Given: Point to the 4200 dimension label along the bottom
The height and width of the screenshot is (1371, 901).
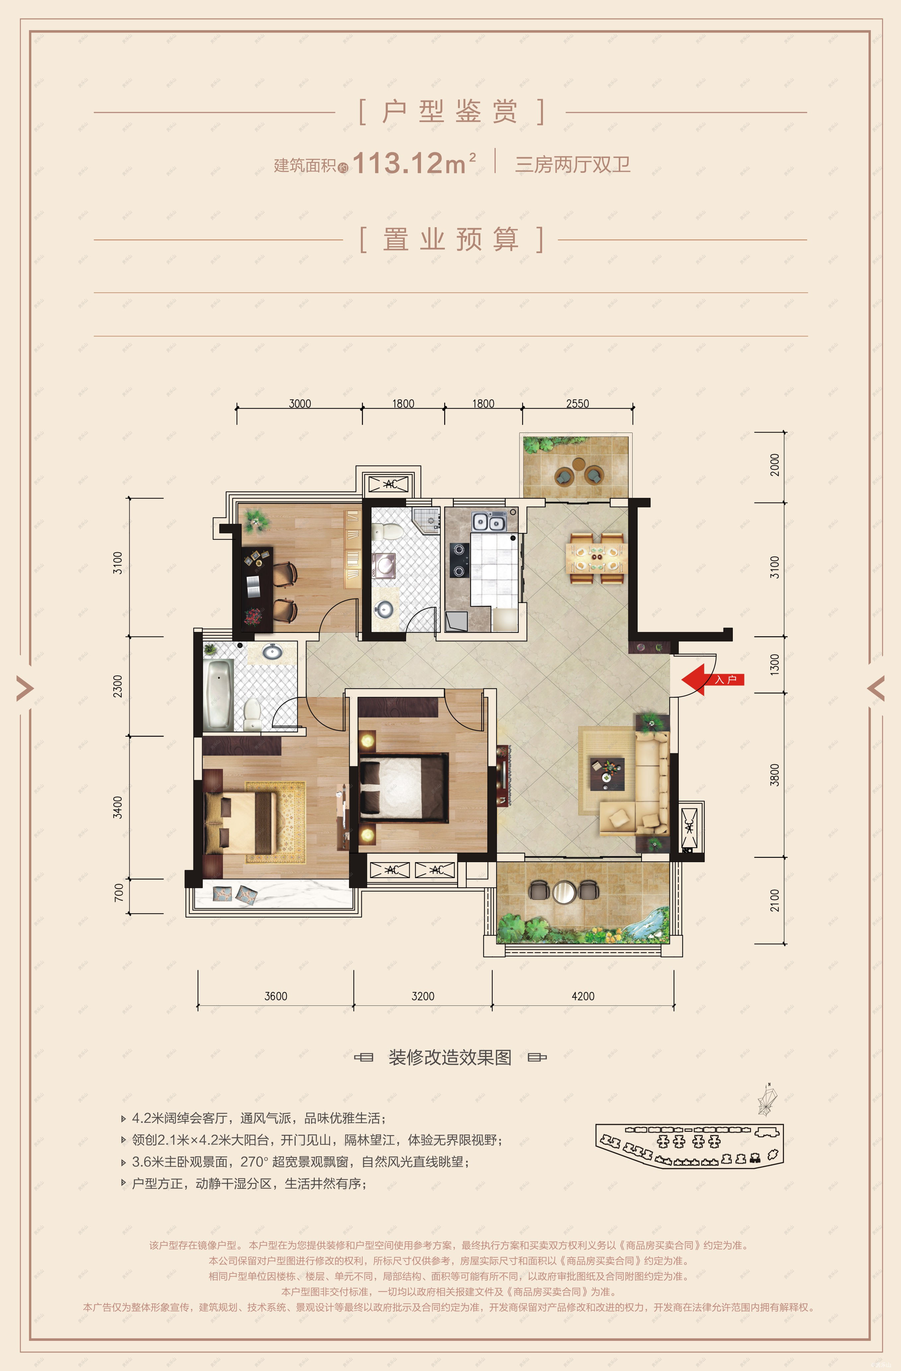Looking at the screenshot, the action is [583, 996].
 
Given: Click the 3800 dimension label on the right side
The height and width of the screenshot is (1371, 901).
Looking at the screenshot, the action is [775, 774].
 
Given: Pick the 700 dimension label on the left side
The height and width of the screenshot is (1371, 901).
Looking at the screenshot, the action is [119, 892].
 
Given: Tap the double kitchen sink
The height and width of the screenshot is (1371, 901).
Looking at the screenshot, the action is [489, 522].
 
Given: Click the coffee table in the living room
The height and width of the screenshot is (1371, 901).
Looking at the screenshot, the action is [607, 774].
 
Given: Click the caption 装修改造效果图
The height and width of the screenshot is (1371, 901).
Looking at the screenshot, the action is [450, 1057].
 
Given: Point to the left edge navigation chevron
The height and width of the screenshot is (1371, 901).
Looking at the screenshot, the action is [25, 687].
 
